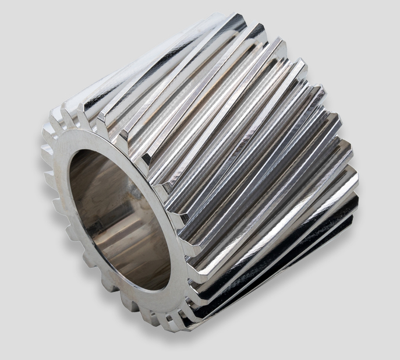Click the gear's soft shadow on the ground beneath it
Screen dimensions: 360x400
pyautogui.click(x=279, y=326)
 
